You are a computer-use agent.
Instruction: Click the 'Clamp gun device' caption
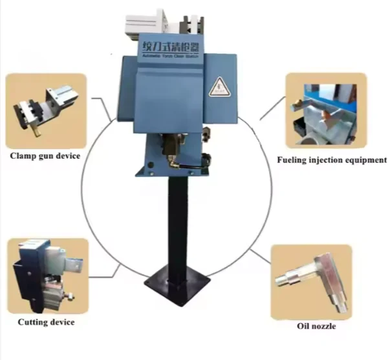pos(45,155)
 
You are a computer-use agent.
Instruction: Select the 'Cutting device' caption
pos(46,321)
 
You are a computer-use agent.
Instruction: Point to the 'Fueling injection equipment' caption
pos(332,159)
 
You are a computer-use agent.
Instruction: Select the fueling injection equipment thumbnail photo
pos(326,111)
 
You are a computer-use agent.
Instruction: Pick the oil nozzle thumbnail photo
pos(313,281)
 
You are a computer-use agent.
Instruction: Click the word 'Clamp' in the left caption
pos(23,155)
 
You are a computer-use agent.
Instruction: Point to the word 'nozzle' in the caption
pos(326,325)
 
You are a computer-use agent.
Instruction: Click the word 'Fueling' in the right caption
pos(292,159)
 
